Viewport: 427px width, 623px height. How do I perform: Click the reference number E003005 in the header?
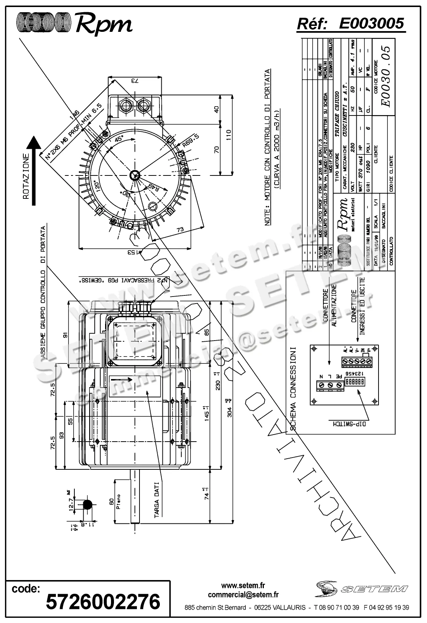point(371,24)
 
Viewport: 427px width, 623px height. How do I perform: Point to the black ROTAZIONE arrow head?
point(34,144)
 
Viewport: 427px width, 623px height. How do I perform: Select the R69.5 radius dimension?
point(190,141)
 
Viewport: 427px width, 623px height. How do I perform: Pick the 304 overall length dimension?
point(230,407)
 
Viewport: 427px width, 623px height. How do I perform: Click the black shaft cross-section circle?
point(88,505)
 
